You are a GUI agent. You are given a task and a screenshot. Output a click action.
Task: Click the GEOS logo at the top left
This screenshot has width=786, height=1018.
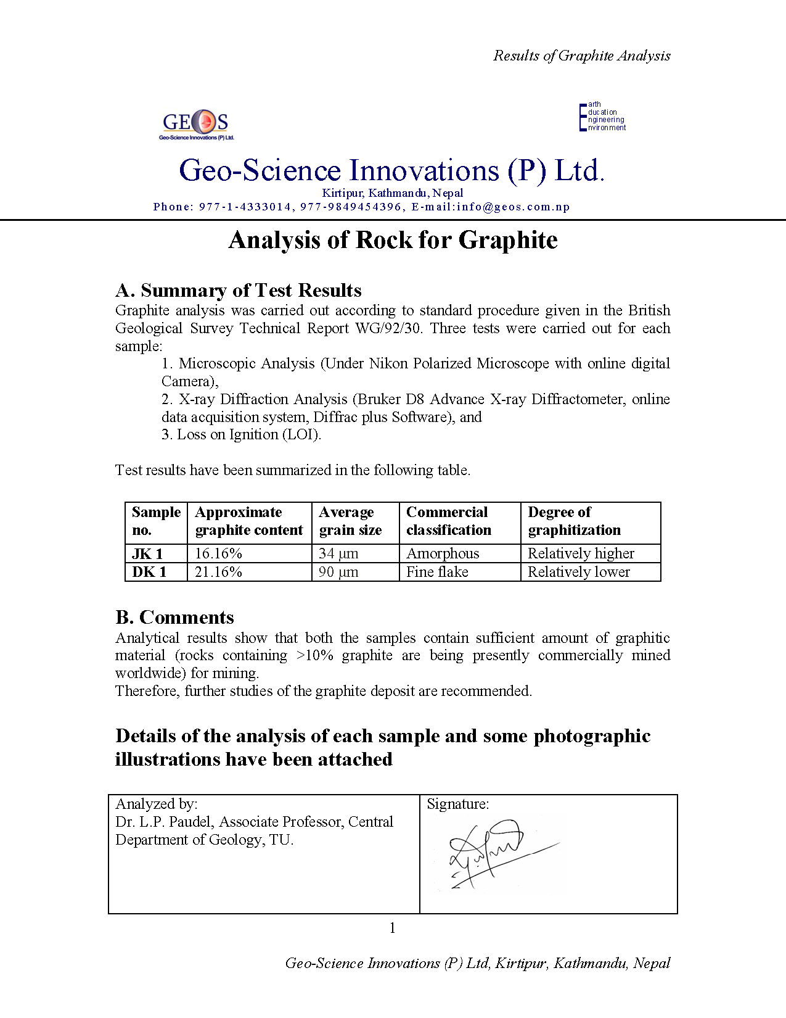[196, 124]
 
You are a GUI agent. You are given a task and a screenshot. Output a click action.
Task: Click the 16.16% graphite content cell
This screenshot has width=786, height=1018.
[218, 553]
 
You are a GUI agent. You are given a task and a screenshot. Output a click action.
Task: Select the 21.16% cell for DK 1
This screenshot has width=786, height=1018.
[218, 572]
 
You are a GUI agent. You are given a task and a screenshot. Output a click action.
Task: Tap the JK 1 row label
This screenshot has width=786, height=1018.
[148, 553]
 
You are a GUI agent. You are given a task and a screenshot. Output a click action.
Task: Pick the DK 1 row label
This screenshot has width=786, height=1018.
[149, 572]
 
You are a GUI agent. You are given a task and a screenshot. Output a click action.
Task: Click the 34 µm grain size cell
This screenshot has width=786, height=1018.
[338, 553]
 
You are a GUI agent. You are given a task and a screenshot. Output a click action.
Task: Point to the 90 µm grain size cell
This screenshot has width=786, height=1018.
[338, 572]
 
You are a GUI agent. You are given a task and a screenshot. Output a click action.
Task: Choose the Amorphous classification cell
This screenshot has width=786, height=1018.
[443, 553]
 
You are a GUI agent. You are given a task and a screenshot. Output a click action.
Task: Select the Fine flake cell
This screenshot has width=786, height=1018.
[437, 572]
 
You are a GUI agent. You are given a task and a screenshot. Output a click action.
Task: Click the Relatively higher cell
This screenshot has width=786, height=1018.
[581, 553]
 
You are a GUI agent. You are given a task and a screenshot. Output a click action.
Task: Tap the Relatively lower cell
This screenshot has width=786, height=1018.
[579, 572]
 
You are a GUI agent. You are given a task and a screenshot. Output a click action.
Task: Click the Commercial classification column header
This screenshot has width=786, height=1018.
[448, 521]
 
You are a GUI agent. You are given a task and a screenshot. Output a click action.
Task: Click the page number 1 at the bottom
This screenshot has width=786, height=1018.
[393, 928]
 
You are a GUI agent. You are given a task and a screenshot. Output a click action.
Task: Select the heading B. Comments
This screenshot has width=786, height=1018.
[174, 617]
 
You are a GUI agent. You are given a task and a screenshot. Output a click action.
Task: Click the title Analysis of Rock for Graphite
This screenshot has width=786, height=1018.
[393, 240]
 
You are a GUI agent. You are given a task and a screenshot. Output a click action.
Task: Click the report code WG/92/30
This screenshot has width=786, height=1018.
[389, 328]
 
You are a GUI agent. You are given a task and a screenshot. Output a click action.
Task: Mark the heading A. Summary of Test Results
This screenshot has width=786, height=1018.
[238, 290]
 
